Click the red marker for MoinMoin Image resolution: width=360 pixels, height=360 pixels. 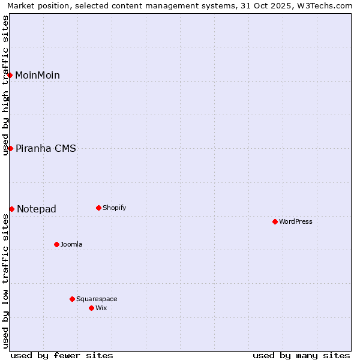coord(10,75)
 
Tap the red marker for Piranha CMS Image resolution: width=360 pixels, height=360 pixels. coord(10,148)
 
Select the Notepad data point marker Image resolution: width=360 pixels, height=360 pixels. coord(11,209)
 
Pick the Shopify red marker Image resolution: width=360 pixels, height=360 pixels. coord(98,208)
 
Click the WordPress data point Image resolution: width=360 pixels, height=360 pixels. coord(275,221)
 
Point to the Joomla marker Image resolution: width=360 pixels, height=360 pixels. coord(56,244)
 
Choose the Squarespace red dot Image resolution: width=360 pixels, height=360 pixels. coord(72,299)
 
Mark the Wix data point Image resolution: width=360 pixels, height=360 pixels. coord(91,308)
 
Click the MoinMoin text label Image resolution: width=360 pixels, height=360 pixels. coord(37,76)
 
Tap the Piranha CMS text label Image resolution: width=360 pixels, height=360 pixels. coord(46,149)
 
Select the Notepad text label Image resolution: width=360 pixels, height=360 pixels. coord(37,209)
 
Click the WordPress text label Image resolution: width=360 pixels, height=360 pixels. coord(296,222)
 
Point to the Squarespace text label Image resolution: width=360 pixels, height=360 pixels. coord(97,299)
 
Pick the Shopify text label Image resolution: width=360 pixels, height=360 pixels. coord(114,208)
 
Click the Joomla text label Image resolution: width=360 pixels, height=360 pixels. coord(71,245)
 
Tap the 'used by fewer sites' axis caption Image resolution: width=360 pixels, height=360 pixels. coord(62,355)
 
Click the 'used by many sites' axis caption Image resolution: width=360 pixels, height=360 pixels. coord(301,355)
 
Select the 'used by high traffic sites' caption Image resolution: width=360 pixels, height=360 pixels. coord(5,85)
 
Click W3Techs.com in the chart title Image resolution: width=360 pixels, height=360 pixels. coord(325,5)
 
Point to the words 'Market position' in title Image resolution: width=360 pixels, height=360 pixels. coord(34,5)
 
